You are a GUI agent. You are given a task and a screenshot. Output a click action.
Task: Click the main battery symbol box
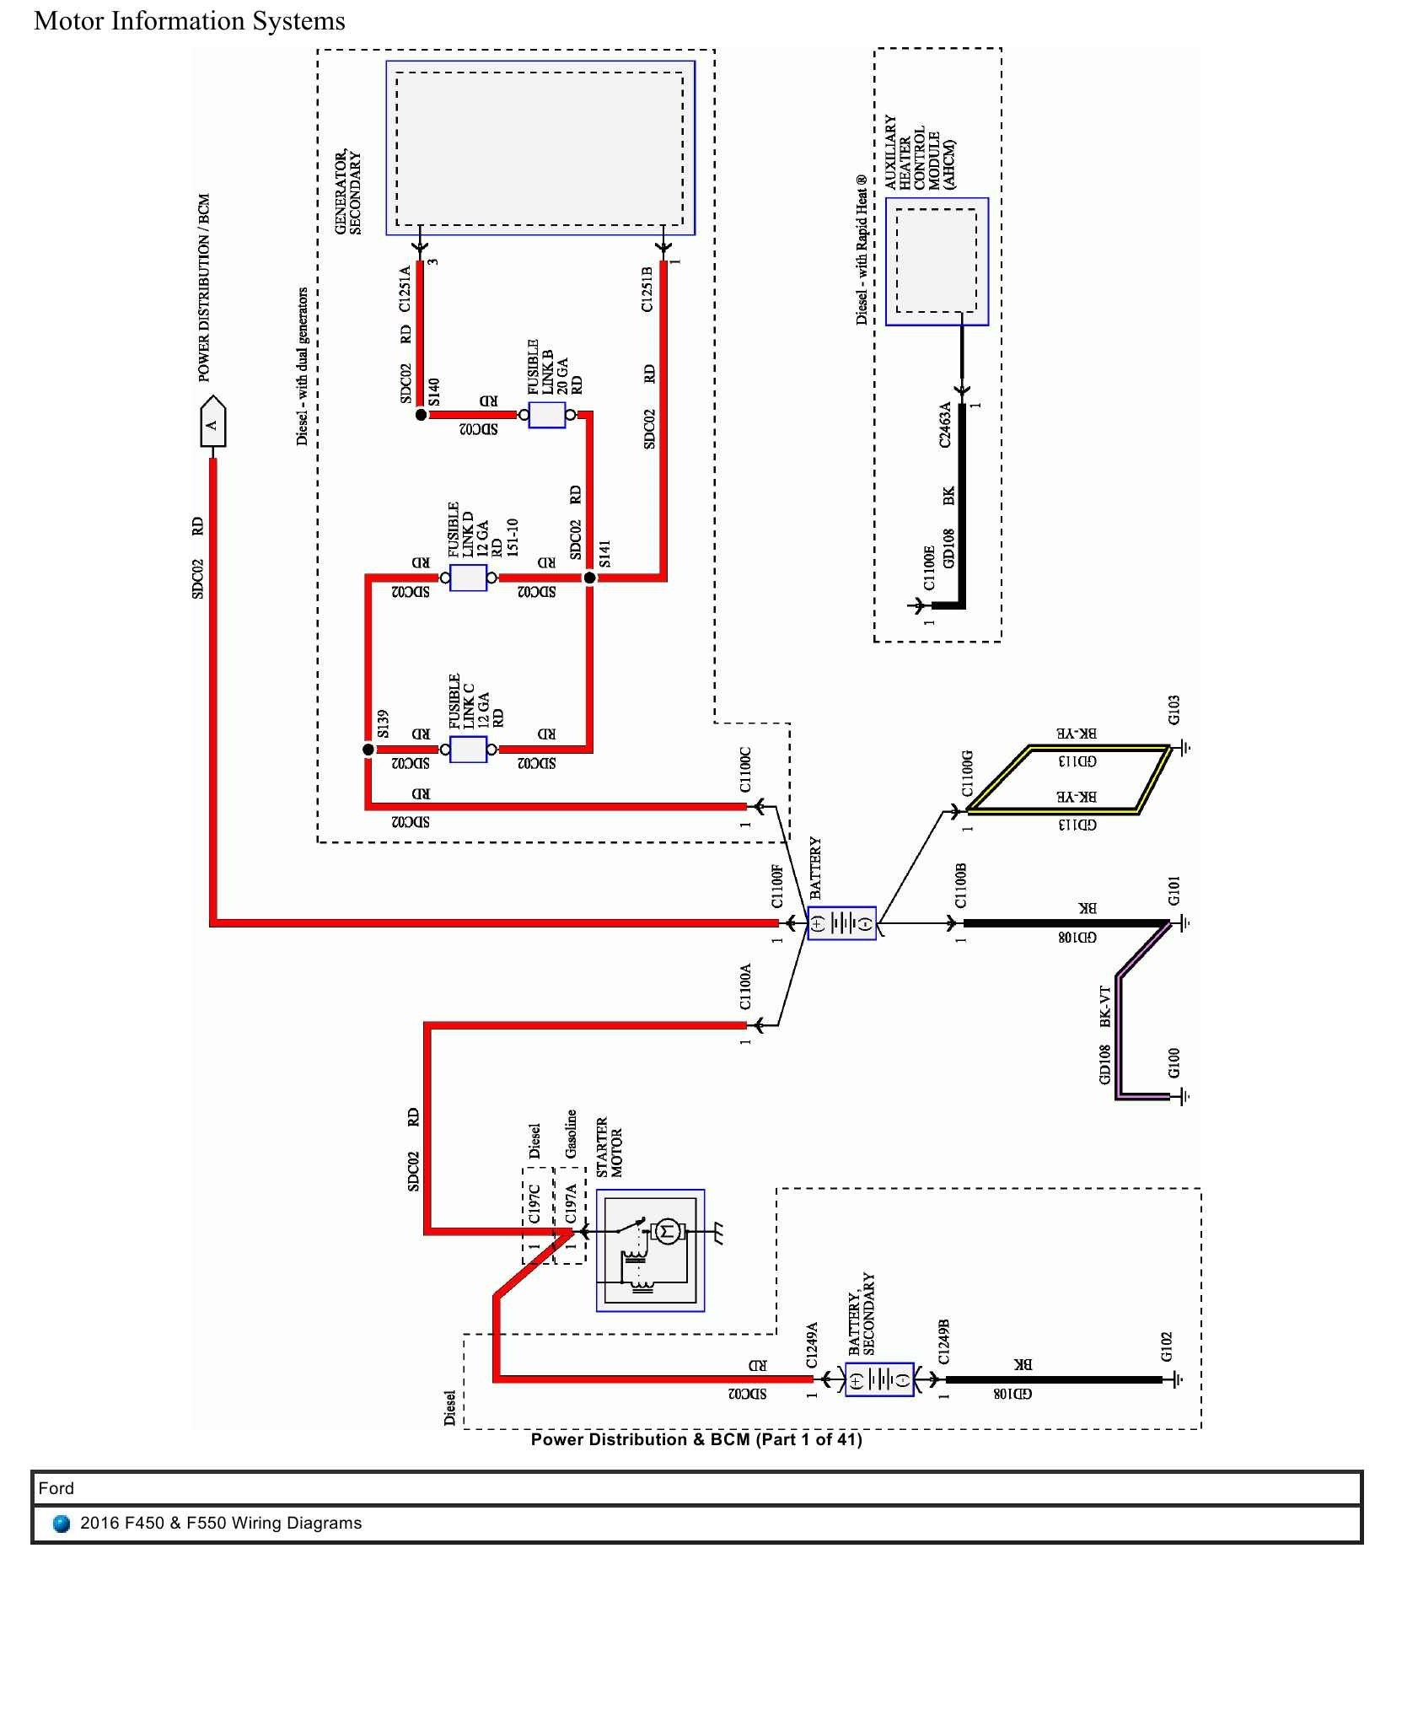841,923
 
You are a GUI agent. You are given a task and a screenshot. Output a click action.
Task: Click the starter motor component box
650,1250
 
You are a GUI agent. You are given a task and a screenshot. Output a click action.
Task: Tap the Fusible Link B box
546,415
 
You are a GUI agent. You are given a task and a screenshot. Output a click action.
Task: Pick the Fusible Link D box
468,578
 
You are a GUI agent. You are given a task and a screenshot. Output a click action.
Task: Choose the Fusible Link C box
468,750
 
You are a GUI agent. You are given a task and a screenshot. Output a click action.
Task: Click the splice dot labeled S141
590,578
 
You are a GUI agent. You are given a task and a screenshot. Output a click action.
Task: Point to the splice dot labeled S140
421,415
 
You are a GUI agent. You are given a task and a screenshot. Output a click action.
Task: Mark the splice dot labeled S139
368,750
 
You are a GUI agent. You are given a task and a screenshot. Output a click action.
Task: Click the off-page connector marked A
212,424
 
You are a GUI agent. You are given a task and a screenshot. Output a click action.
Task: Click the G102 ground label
1166,1347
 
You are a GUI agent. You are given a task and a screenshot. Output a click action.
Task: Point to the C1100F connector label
777,885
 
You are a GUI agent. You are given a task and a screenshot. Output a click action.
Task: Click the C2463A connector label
945,424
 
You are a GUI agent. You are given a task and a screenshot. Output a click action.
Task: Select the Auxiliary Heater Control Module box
937,261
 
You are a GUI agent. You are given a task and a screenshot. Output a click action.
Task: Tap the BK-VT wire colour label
1105,1006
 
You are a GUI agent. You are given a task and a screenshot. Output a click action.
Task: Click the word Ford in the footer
56,1488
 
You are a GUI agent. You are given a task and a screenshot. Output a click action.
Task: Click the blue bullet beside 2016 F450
61,1524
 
